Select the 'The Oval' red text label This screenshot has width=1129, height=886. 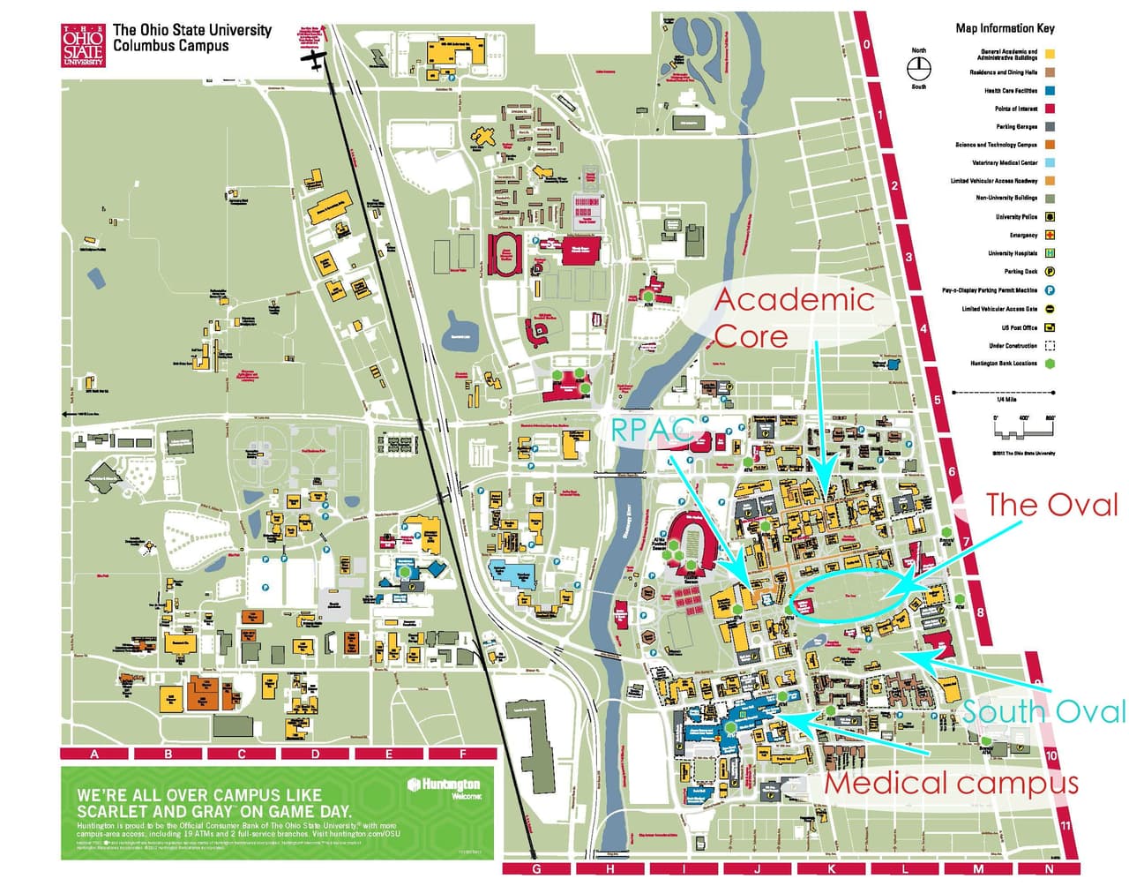tap(1050, 505)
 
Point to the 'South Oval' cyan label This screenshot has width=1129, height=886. tap(1043, 711)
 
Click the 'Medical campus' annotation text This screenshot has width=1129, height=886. tap(950, 783)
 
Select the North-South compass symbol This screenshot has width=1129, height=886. tap(919, 68)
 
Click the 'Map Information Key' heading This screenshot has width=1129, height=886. tap(1005, 28)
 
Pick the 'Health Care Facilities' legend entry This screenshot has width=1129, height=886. tap(1011, 91)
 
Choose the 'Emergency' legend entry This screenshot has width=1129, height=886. tap(1023, 236)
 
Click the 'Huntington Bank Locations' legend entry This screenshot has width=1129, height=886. tap(1004, 364)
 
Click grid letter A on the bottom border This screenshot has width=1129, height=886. tap(94, 754)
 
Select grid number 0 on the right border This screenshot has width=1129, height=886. tap(867, 45)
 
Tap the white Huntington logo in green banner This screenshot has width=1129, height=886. tap(444, 785)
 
